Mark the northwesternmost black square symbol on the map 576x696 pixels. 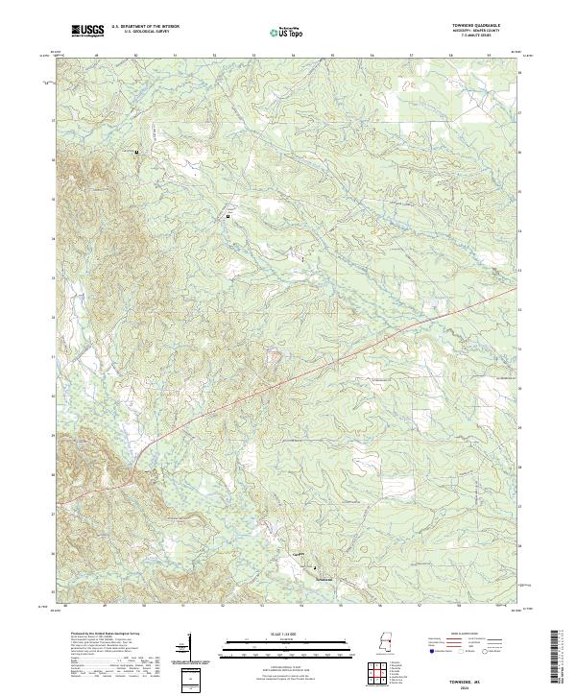click(x=136, y=152)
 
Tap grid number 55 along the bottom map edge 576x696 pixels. click(x=331, y=607)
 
